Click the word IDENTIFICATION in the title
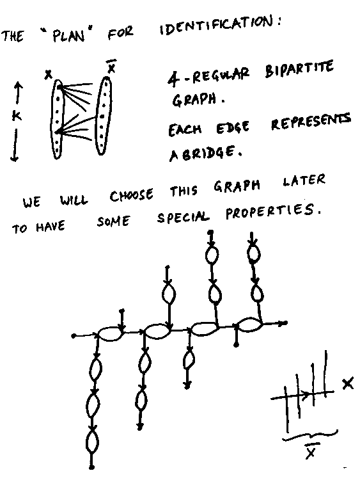pos(219,26)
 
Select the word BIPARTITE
pos(299,70)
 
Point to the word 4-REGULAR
pos(208,77)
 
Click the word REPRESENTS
pos(311,121)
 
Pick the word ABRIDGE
pos(206,153)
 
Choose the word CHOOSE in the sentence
pos(132,195)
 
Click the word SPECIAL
pos(184,218)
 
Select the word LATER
pos(304,180)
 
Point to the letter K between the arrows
pos(17,116)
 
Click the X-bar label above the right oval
pos(112,67)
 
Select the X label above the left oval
pos(48,74)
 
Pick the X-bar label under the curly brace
pos(311,451)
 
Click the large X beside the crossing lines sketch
pos(348,383)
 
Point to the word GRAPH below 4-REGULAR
pos(194,100)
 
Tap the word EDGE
pos(233,127)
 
